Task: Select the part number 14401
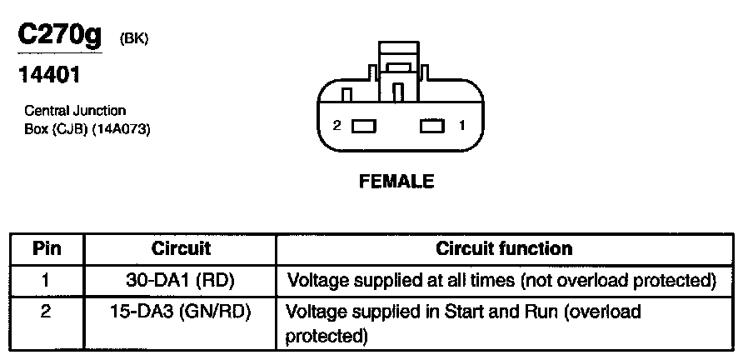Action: [49, 76]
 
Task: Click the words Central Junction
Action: [75, 111]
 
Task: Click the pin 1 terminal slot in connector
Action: [432, 127]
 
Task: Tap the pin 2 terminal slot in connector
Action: [365, 127]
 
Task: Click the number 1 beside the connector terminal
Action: [461, 126]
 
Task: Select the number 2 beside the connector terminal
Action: [337, 126]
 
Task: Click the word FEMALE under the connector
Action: [396, 181]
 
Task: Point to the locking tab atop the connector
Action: [398, 67]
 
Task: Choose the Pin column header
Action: [46, 248]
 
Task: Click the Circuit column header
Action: [181, 248]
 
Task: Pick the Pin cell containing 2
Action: [46, 312]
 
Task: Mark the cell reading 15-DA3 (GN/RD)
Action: [181, 312]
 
